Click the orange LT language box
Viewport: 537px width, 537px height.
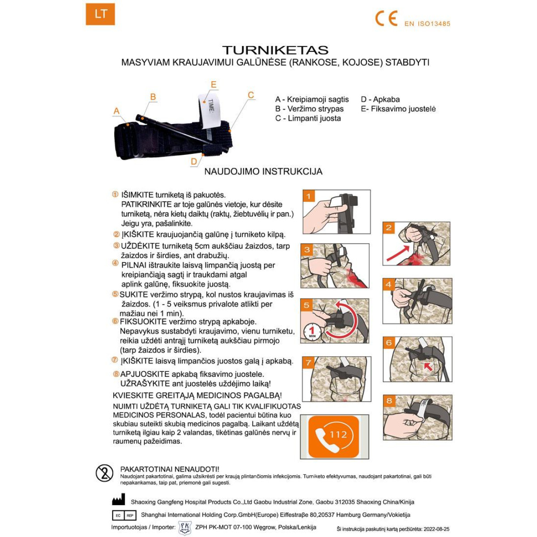click(x=100, y=14)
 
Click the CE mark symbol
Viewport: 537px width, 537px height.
click(x=386, y=18)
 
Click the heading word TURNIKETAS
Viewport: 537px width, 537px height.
click(x=275, y=50)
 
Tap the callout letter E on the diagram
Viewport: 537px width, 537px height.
click(x=213, y=85)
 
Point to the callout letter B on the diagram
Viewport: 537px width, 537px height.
click(x=153, y=97)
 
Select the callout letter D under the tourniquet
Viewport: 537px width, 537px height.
click(x=194, y=162)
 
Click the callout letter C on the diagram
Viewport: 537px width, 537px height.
click(x=251, y=95)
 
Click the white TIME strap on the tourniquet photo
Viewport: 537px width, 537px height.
click(x=211, y=109)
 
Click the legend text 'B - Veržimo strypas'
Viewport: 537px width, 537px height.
click(x=309, y=109)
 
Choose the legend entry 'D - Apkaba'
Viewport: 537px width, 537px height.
click(x=380, y=99)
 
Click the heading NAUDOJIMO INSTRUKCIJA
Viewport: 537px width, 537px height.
click(x=263, y=171)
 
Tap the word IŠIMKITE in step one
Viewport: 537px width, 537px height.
click(x=137, y=195)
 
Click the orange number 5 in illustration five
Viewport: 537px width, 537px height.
click(x=307, y=305)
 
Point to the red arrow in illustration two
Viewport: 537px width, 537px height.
click(x=397, y=253)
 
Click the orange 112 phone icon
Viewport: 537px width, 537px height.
click(x=334, y=436)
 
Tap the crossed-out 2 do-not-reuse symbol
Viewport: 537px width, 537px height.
click(x=105, y=473)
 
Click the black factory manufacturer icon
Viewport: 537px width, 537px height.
click(x=118, y=500)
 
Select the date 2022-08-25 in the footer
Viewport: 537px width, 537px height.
click(x=436, y=529)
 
